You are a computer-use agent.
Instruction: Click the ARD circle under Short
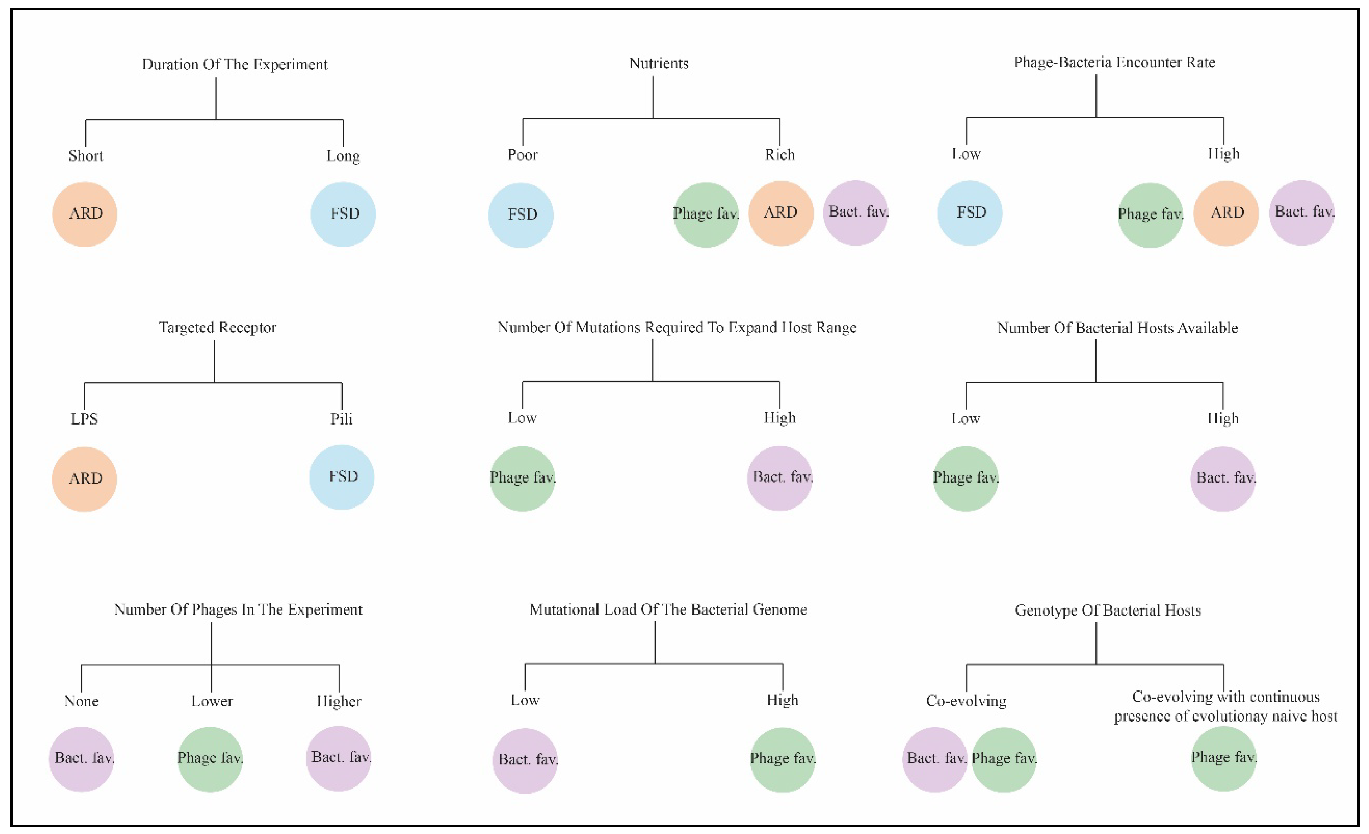tap(85, 214)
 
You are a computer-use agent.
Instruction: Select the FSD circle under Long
tap(343, 214)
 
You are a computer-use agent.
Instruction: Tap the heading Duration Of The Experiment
tap(234, 64)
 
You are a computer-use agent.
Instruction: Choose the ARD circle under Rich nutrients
tap(780, 213)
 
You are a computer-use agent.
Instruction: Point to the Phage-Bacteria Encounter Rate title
tap(1114, 62)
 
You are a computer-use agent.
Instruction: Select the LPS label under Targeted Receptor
tap(84, 418)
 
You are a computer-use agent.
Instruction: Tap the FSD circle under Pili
tap(342, 477)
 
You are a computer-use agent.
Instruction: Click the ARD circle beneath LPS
tap(84, 479)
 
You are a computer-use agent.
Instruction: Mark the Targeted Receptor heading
tap(217, 327)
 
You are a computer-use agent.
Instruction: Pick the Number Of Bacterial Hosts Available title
tap(1117, 328)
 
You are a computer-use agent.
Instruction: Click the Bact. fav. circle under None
tap(82, 758)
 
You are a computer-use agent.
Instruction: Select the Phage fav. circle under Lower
tap(210, 758)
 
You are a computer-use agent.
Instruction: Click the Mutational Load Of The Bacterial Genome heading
tap(668, 610)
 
